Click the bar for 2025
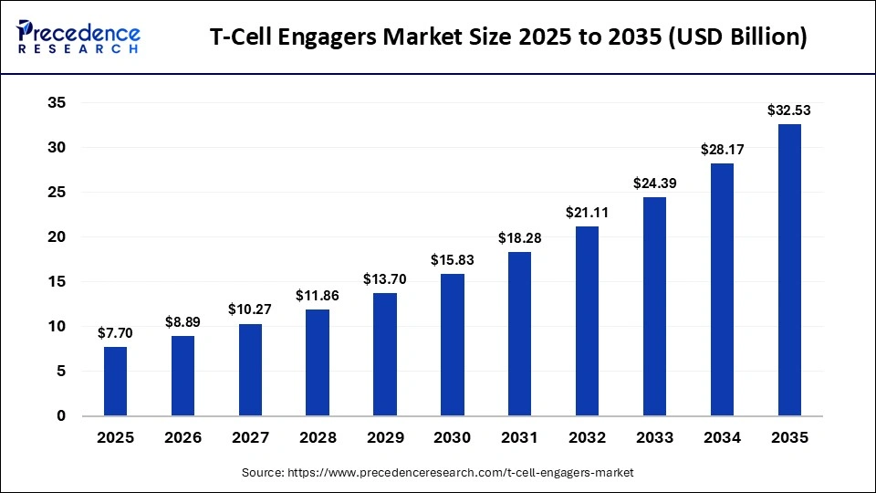(116, 381)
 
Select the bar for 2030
(453, 344)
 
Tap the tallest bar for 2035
(789, 269)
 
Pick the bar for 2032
(587, 320)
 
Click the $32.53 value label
(789, 110)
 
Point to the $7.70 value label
(116, 333)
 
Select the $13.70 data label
(385, 279)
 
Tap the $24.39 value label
(654, 184)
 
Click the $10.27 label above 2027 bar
(250, 310)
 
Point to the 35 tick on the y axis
(57, 103)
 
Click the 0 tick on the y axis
(61, 416)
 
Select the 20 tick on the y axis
(57, 237)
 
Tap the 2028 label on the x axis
(318, 438)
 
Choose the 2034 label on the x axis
(722, 438)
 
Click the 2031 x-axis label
(519, 438)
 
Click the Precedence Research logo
(78, 37)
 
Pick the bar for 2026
(182, 375)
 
